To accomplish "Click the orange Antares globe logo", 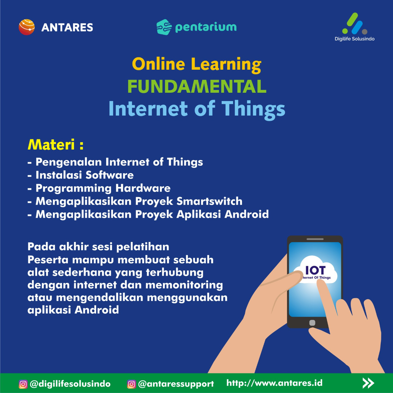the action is coord(26,27).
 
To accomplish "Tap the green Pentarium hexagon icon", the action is coord(164,27).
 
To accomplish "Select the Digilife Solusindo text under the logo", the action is coord(354,39).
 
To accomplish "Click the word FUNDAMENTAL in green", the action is coord(197,86).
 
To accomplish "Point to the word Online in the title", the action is coord(158,64).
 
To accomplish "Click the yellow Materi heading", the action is coord(56,145).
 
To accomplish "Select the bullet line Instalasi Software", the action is coord(80,175).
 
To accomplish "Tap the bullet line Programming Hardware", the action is coord(99,188).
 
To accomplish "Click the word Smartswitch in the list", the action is coord(209,201).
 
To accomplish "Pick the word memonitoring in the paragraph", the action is coord(184,285).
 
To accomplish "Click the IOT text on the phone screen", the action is coord(315,270).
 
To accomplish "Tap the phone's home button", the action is coord(312,323).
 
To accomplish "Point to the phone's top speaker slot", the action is coord(315,239).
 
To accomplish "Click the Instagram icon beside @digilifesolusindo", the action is coord(23,384).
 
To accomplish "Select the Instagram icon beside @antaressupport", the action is coord(131,384).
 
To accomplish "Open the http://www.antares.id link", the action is coord(274,383).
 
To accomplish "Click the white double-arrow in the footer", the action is coord(368,383).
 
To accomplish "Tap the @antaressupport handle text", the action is coord(176,384).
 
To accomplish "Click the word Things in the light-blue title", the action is coord(253,109).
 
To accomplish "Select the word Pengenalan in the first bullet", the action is coord(69,162).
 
